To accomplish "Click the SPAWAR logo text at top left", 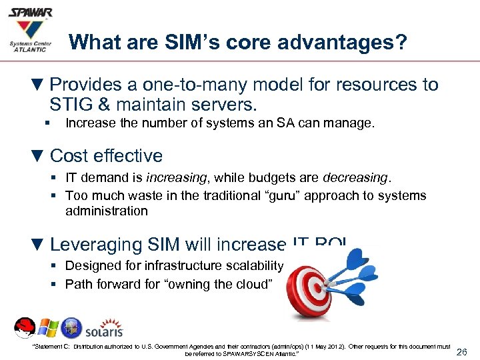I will click(29, 13).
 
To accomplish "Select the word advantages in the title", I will click(331, 43).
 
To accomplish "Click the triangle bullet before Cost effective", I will click(38, 156).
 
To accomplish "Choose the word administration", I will click(107, 211).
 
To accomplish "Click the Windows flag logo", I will click(47, 328).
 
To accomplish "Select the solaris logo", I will click(103, 329).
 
